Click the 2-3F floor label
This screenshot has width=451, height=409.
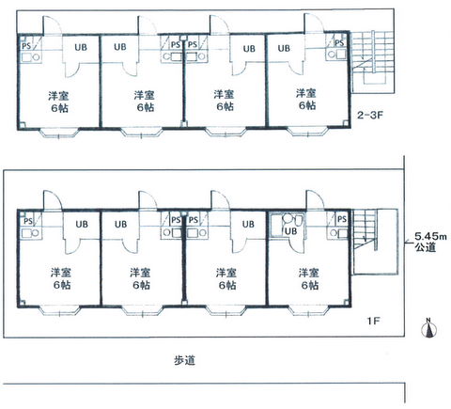click(370, 115)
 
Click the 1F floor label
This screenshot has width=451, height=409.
click(374, 321)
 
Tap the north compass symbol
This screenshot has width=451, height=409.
click(429, 328)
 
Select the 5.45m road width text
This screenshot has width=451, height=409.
click(430, 236)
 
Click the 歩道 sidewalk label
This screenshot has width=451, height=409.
click(185, 360)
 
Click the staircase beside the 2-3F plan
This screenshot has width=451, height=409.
click(373, 62)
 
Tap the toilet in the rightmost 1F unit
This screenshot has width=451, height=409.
click(297, 220)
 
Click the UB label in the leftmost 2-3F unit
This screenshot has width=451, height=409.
click(81, 48)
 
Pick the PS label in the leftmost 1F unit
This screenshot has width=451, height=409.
click(28, 221)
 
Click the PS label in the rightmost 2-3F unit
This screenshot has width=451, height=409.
click(339, 42)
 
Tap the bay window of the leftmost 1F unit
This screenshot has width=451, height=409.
click(59, 309)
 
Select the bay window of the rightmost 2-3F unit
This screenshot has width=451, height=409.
click(307, 132)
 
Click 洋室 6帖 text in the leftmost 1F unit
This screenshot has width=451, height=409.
click(61, 278)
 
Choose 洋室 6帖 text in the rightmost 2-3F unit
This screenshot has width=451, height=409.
click(306, 99)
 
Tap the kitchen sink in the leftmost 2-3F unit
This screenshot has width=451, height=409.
click(31, 57)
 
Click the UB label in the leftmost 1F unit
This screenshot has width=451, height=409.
click(82, 225)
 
